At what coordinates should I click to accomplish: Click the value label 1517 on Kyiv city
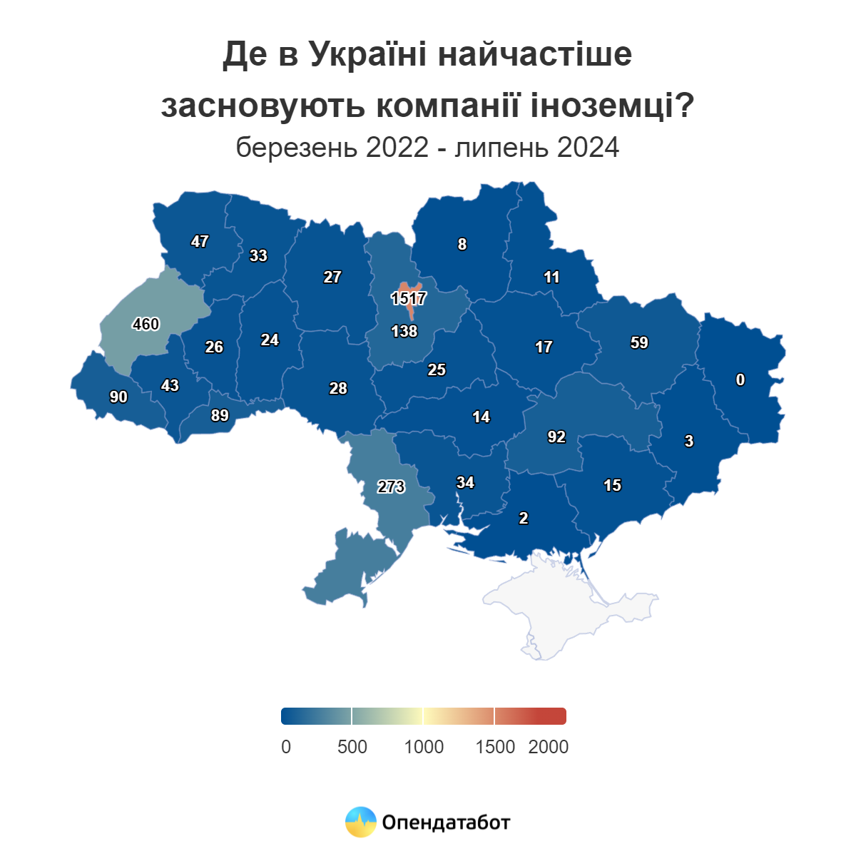tap(409, 298)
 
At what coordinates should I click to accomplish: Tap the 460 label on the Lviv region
tap(146, 324)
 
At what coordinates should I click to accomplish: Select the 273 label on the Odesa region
tap(391, 486)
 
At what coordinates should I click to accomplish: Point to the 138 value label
tap(404, 331)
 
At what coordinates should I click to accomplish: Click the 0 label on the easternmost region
tap(740, 379)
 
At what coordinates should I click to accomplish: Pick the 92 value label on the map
tap(556, 437)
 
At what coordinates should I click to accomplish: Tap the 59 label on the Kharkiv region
tap(639, 342)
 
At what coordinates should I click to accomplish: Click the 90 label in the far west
tap(118, 397)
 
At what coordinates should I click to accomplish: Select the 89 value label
tap(220, 415)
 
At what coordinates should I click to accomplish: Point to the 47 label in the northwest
tap(200, 241)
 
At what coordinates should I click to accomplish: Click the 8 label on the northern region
tap(462, 244)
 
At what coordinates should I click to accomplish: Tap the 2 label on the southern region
tap(524, 518)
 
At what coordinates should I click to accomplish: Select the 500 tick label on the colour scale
tap(352, 747)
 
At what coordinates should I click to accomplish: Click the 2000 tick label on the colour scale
tap(548, 747)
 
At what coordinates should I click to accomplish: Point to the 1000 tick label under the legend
tap(424, 747)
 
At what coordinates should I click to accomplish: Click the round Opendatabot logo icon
tap(361, 822)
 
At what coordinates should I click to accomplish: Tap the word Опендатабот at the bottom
tap(447, 822)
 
